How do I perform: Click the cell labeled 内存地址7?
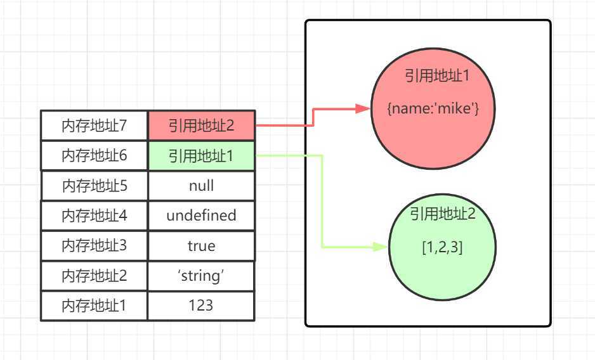(94, 125)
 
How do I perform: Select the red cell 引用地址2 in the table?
(201, 125)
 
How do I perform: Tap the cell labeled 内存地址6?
(94, 156)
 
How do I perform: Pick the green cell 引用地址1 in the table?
(201, 156)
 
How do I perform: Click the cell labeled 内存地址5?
(94, 186)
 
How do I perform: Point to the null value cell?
(201, 186)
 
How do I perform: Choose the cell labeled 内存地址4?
(94, 215)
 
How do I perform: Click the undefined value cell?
(201, 215)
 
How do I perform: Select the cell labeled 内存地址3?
(94, 245)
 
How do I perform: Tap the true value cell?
(201, 245)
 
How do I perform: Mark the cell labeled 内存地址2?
(94, 276)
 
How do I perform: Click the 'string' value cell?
(201, 276)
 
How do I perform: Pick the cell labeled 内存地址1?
(94, 305)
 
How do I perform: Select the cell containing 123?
(201, 305)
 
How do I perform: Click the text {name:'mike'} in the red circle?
(432, 108)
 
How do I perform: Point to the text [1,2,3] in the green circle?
(442, 247)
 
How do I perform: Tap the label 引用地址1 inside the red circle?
(436, 76)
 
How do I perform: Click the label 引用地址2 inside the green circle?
(442, 214)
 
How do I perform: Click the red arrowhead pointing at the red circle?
(363, 108)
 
